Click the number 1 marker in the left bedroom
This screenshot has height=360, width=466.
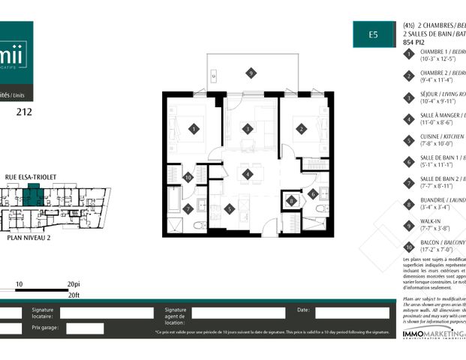coord(194,129)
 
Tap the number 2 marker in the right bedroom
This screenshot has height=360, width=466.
coord(301,129)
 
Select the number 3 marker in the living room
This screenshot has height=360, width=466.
coord(248,129)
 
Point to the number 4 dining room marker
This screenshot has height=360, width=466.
coord(248,175)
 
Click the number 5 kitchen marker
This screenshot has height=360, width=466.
coord(229,209)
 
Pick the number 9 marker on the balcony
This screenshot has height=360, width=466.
coord(251,73)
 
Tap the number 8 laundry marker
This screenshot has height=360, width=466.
coord(291,200)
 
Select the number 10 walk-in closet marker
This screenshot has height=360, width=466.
coord(188,177)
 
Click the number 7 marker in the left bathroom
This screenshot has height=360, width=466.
coord(188,209)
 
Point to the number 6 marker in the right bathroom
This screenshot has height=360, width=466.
coord(313,193)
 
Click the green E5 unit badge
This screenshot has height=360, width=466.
coord(372,34)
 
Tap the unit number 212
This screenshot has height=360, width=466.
coord(24,114)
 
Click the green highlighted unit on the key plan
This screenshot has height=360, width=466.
coord(34,198)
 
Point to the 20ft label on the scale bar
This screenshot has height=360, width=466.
coord(74,295)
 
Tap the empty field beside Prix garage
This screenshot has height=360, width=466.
coord(85,328)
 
